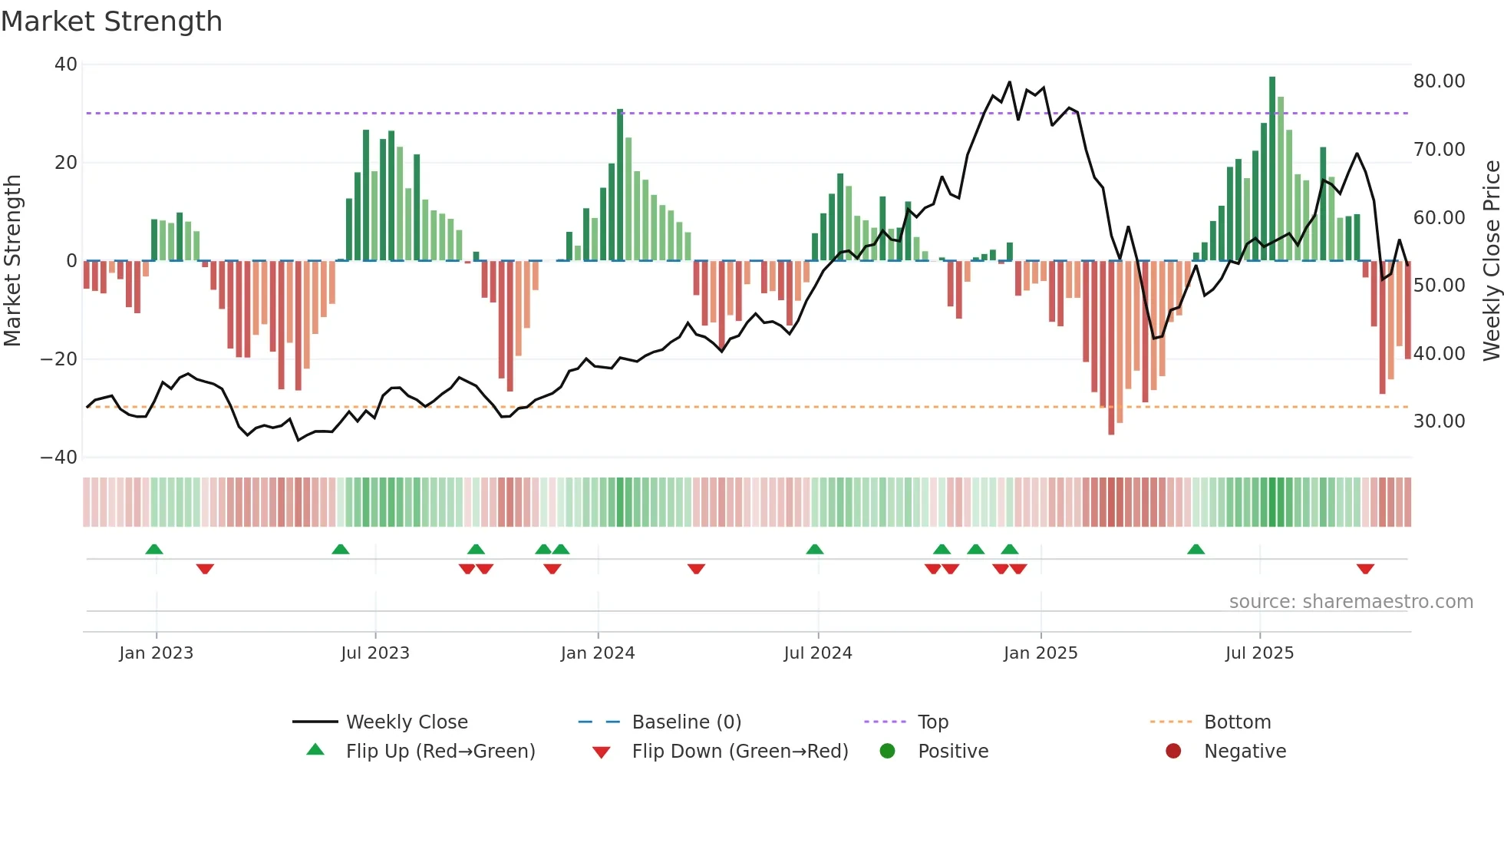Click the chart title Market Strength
click(111, 21)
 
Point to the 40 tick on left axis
click(66, 64)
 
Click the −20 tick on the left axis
click(59, 359)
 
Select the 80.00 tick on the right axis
click(1439, 81)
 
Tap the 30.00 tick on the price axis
click(1439, 421)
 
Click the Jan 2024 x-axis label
click(598, 653)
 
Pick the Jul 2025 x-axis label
click(1259, 653)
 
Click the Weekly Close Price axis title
click(1491, 261)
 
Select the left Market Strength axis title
click(12, 261)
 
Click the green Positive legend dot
click(887, 752)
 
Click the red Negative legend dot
click(1173, 752)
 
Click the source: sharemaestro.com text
click(1351, 602)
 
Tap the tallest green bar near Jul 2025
click(1272, 169)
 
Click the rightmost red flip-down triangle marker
click(1365, 569)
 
